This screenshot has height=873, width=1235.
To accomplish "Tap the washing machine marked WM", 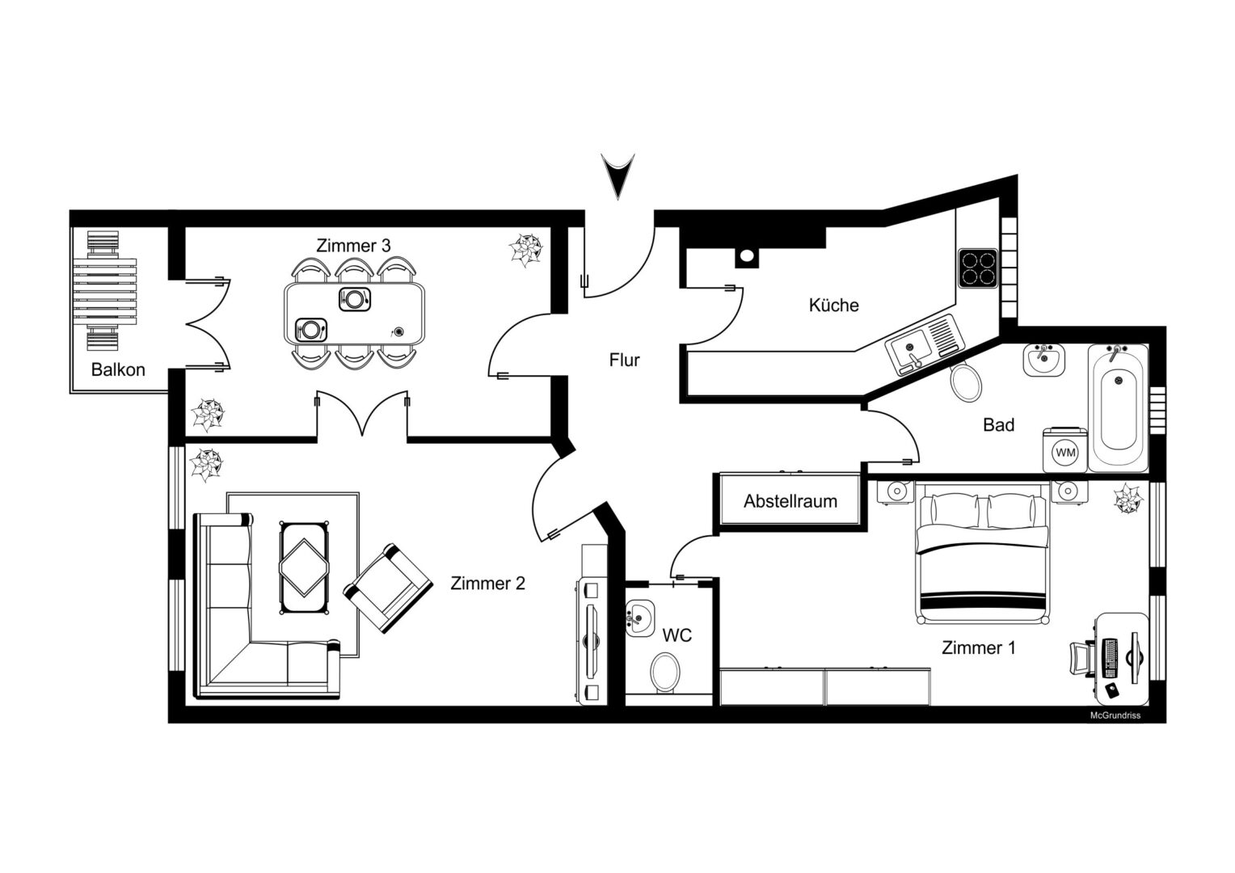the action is point(1064,450).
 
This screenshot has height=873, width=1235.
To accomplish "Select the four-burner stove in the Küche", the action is point(978,268).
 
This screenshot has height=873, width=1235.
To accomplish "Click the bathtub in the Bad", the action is point(1118,408).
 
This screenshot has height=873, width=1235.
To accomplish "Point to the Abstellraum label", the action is point(790,500).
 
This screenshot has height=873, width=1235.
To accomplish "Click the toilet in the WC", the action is point(665,673).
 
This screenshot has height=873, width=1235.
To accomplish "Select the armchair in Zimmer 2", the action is point(388,588).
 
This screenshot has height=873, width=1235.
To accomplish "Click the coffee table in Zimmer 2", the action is point(305,567).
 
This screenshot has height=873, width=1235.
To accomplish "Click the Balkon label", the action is point(118,369).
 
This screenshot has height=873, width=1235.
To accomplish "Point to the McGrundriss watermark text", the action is point(1115,715).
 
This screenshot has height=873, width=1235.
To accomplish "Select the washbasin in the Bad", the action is point(1043,361).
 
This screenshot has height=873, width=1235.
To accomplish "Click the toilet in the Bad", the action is point(966,382).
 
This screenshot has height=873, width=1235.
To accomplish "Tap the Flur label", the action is point(624,361).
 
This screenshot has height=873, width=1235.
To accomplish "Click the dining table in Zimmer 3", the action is point(355,314).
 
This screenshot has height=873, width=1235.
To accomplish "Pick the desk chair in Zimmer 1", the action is point(1082,659).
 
